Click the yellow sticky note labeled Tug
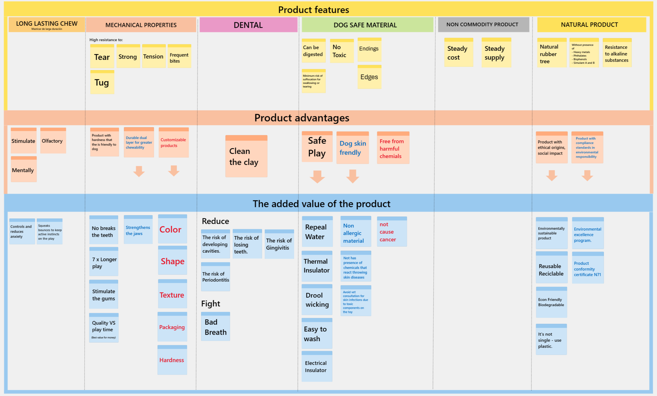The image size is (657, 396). pyautogui.click(x=102, y=82)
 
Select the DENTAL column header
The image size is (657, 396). pyautogui.click(x=248, y=25)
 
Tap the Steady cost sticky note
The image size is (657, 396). pyautogui.click(x=458, y=52)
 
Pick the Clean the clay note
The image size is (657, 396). pyautogui.click(x=246, y=156)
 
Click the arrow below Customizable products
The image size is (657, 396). pyautogui.click(x=174, y=171)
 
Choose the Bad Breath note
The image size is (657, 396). pyautogui.click(x=215, y=327)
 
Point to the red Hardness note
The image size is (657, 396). pyautogui.click(x=172, y=360)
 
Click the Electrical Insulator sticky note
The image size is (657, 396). pyautogui.click(x=317, y=366)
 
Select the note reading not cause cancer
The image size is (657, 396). pyautogui.click(x=392, y=231)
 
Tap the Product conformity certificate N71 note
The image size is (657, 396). pyautogui.click(x=588, y=267)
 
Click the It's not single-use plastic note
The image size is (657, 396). pyautogui.click(x=551, y=339)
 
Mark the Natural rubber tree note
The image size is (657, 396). pyautogui.click(x=552, y=53)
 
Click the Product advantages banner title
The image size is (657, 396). pyautogui.click(x=302, y=118)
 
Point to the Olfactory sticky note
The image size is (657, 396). pyautogui.click(x=53, y=140)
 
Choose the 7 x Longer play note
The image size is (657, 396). pyautogui.click(x=104, y=261)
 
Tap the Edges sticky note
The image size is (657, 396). pyautogui.click(x=369, y=77)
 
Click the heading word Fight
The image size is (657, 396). pyautogui.click(x=211, y=304)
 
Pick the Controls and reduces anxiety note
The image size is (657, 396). pyautogui.click(x=22, y=231)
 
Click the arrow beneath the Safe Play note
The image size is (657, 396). pyautogui.click(x=317, y=176)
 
